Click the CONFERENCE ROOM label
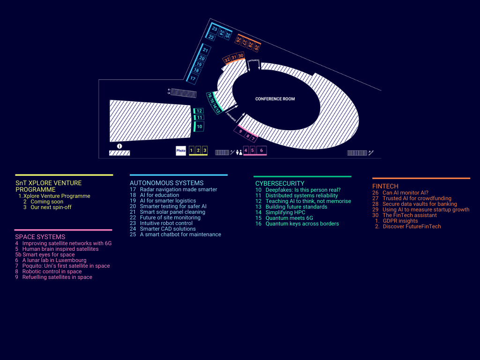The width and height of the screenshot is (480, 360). (x=275, y=99)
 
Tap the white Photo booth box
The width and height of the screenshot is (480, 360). (x=181, y=150)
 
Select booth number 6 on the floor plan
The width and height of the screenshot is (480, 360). (x=262, y=150)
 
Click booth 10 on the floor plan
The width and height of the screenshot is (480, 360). (x=199, y=127)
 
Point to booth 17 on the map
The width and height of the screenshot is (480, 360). (x=193, y=78)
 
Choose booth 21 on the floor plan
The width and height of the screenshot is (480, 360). (x=206, y=50)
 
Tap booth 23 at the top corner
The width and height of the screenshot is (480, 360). (x=214, y=29)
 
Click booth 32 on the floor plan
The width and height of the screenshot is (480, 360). (x=227, y=60)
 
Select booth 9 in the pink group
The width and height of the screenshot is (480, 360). (x=241, y=132)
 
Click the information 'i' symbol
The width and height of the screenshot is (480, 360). (x=119, y=146)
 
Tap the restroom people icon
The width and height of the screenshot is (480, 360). (x=240, y=152)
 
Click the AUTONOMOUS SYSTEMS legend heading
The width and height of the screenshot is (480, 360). (x=166, y=183)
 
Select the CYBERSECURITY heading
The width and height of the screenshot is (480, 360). (x=280, y=183)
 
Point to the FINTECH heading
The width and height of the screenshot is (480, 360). (x=385, y=186)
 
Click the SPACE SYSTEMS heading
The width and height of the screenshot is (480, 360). (x=40, y=237)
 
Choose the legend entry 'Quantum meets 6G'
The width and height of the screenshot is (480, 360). (x=290, y=218)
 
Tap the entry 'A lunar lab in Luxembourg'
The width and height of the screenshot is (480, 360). (x=54, y=260)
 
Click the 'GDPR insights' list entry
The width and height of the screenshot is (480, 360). (x=400, y=221)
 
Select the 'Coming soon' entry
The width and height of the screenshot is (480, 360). (x=47, y=202)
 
